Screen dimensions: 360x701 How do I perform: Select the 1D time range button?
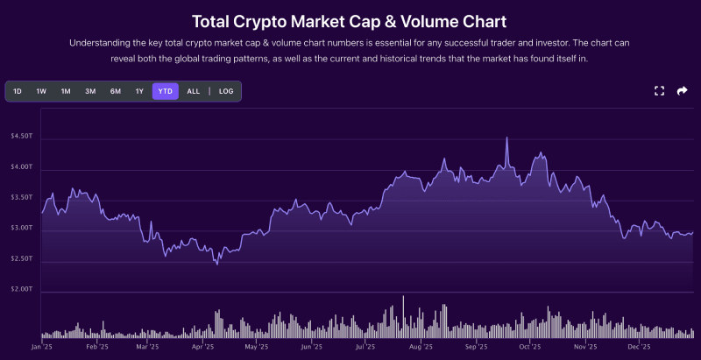coord(18,91)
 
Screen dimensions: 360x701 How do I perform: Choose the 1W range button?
coord(41,91)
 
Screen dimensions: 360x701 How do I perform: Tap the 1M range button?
coord(66,91)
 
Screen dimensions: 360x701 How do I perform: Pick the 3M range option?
coord(90,91)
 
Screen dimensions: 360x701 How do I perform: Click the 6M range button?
coord(115,91)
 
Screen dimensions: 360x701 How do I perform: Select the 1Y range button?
coord(139,91)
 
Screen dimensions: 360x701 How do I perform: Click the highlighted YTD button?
coord(165,91)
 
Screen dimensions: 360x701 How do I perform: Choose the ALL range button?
coord(194,91)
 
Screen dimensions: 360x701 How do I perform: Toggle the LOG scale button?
coord(226,91)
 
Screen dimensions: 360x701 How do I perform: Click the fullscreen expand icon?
coord(660,91)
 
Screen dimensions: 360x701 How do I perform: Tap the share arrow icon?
coord(683,91)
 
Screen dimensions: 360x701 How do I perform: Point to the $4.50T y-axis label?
coord(21,137)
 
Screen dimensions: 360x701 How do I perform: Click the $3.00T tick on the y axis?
coord(21,229)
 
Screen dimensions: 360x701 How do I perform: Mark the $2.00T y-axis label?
coord(21,290)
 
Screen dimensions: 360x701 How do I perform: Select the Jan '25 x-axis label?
coord(42,347)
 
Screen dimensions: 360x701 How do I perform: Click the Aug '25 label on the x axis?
coord(421,347)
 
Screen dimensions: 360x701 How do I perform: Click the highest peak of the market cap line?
coord(506,138)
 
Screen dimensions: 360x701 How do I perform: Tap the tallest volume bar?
coord(403,298)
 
